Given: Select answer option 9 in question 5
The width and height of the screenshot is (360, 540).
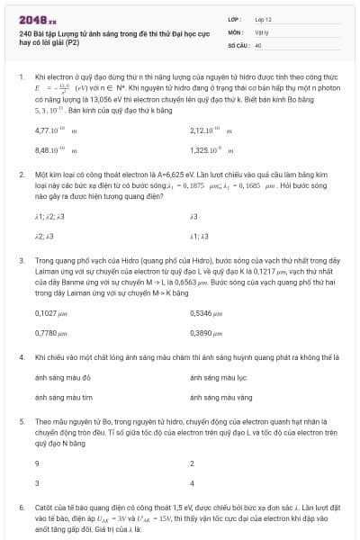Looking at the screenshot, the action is (37, 463).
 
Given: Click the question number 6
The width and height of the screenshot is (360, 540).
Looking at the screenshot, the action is (21, 507).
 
